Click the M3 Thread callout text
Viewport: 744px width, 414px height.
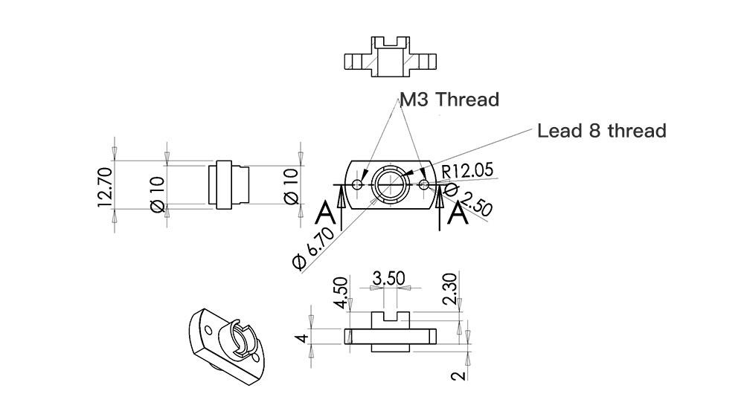pos(449,100)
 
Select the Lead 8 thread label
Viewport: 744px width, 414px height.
pos(601,132)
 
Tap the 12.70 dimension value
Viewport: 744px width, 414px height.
pos(105,187)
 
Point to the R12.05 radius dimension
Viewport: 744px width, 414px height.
pos(467,170)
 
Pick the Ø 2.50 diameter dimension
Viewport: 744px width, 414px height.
pos(469,201)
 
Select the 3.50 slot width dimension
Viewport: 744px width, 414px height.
pos(388,279)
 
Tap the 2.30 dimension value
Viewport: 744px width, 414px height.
pos(450,289)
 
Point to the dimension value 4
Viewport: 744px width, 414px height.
pos(301,338)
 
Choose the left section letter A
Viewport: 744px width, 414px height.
pos(325,213)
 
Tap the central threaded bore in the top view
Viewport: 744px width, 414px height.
pos(391,183)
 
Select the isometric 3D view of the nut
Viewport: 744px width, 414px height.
pos(225,341)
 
